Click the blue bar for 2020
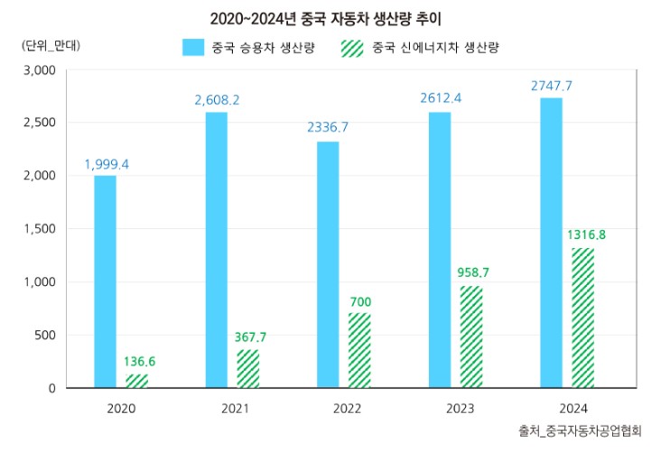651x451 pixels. (106, 281)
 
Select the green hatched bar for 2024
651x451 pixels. (582, 318)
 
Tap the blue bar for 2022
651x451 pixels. (329, 264)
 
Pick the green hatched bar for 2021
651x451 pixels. (248, 368)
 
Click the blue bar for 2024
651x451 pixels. (552, 243)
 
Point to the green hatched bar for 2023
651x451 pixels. (471, 336)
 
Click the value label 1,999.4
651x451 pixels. (107, 164)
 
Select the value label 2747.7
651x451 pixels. (551, 86)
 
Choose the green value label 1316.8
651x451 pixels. (586, 235)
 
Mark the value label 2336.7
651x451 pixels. (328, 128)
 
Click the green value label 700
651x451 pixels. (359, 301)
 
